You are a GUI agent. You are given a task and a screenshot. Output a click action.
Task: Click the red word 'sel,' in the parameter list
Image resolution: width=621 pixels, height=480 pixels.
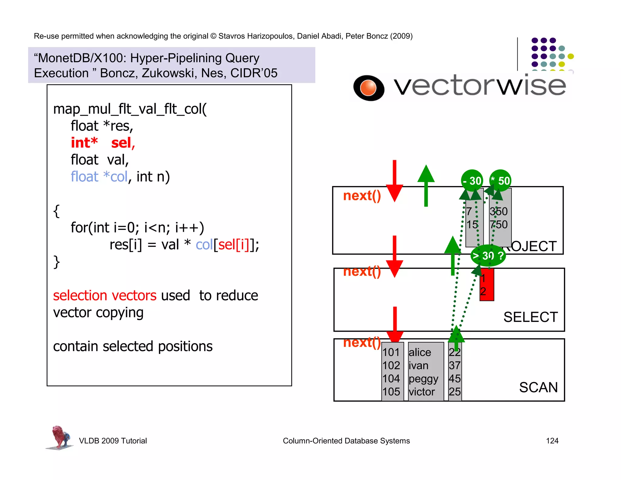123,143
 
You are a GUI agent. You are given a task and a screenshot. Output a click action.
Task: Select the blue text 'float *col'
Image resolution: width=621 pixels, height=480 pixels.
99,177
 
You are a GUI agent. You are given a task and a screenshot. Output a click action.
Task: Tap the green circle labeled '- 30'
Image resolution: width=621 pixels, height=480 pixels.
472,181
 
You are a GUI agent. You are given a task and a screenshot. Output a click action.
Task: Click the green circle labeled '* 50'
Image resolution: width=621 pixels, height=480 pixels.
501,181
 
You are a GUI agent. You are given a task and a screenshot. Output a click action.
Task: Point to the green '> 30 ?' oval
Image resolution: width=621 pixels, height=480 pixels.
488,255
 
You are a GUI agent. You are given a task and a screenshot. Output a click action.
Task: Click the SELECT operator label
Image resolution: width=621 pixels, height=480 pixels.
530,317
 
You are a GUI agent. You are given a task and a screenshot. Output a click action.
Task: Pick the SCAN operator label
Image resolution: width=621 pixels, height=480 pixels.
538,387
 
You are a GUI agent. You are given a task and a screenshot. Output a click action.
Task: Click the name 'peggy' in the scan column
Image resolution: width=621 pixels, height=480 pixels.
423,379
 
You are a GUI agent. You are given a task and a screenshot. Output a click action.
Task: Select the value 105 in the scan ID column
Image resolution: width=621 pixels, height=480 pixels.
391,392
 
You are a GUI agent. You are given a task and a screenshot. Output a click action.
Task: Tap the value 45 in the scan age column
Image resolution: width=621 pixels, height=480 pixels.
455,379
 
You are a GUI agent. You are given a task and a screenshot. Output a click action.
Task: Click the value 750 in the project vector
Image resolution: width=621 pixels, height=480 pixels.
499,225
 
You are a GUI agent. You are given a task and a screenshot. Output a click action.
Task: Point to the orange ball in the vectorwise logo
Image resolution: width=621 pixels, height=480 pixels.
368,88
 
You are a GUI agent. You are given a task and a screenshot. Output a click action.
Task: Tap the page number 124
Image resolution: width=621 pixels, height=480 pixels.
552,441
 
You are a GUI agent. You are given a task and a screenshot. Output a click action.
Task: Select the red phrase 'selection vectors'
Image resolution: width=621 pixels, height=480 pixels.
105,295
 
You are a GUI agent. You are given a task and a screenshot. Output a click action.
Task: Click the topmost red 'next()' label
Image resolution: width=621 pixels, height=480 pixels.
362,196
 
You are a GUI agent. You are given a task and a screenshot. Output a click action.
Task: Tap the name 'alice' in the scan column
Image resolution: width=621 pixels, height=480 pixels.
420,352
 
